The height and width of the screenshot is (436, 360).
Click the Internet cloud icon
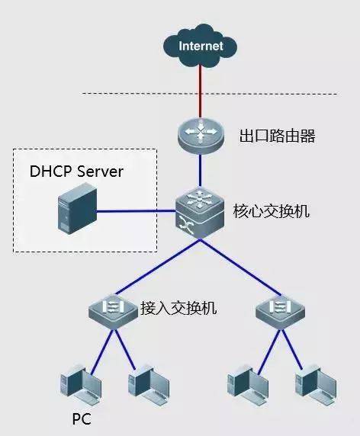coord(201,46)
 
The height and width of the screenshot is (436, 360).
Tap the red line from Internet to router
coord(201,91)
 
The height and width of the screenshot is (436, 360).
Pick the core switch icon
coord(201,213)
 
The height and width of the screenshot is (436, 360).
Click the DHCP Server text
coord(76,172)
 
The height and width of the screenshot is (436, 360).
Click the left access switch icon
coord(111,309)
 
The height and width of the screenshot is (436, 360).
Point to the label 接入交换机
coord(178,309)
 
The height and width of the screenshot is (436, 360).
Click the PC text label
coord(82,418)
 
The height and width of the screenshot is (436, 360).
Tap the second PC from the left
coord(146,385)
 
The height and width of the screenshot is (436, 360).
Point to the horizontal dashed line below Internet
coord(137,95)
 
